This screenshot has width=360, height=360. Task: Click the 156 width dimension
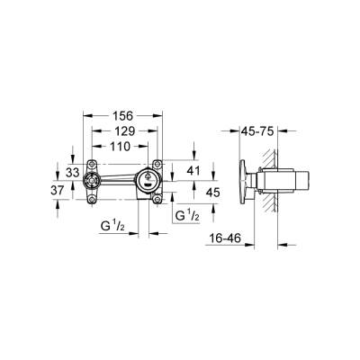122,115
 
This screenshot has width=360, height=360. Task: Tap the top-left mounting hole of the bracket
90,164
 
